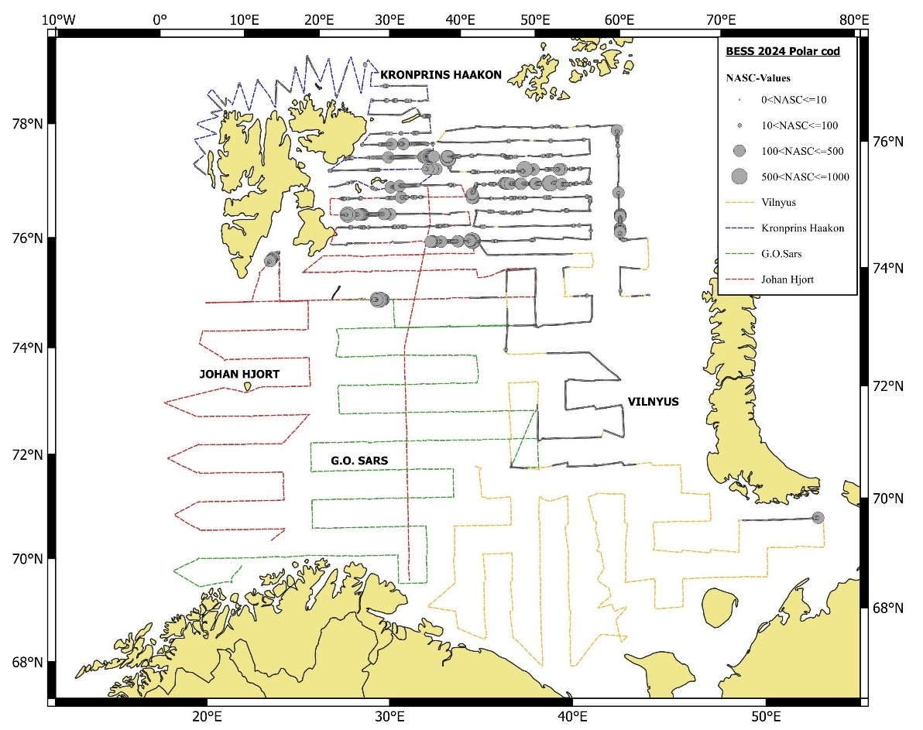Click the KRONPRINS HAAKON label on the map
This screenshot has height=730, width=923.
tap(441, 75)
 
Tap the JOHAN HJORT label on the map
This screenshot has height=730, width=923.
tap(239, 375)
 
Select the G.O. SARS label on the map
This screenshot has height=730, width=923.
tap(359, 461)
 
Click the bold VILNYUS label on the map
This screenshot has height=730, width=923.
tap(653, 402)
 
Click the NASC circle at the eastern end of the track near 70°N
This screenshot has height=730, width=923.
tap(818, 517)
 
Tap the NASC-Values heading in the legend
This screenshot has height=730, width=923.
tap(757, 78)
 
